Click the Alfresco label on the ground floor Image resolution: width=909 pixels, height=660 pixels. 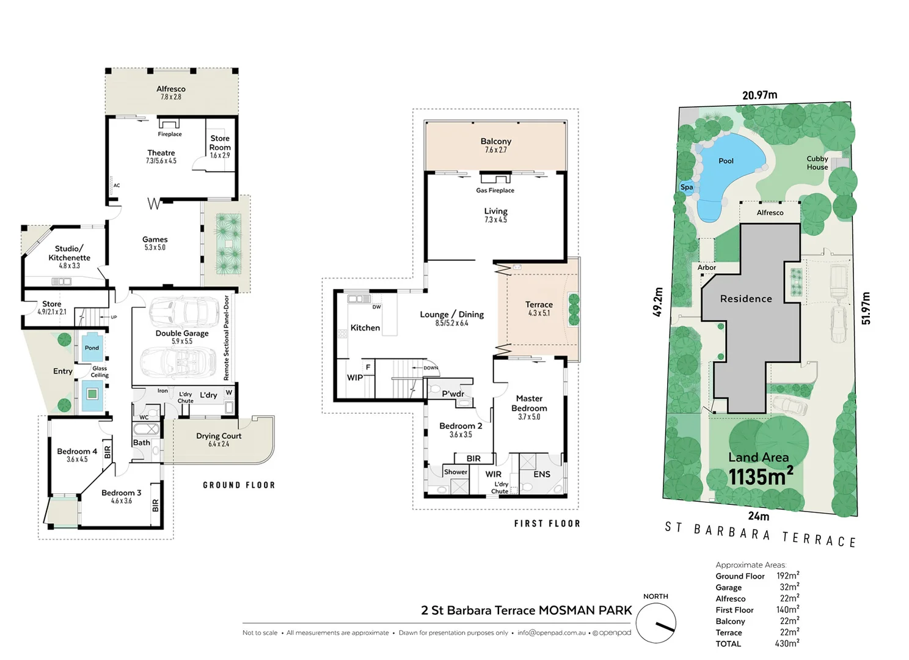171,89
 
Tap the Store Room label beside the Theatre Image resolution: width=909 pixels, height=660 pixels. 220,143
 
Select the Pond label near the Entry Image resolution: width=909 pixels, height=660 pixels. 92,348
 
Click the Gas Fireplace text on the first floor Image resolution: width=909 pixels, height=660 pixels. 495,191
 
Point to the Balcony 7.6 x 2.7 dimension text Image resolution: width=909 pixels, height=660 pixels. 495,150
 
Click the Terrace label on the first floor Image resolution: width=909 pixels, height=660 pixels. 539,304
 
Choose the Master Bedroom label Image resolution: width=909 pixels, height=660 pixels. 529,403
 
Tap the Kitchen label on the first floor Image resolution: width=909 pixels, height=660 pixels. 365,328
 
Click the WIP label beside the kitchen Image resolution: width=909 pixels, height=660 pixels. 355,378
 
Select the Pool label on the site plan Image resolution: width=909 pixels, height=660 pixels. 726,161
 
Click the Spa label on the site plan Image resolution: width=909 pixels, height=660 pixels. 687,188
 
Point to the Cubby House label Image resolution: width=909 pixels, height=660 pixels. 817,163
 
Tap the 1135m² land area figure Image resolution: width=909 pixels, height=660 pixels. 761,476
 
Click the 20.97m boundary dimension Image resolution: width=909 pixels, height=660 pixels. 759,95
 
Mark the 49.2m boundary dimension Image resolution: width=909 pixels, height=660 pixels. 658,302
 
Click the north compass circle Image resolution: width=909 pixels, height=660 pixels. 655,623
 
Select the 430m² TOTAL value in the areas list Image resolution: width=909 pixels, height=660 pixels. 787,643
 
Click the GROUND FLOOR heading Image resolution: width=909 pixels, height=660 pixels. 239,485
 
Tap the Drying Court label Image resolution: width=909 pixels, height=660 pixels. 219,436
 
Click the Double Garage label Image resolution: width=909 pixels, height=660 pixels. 182,334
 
